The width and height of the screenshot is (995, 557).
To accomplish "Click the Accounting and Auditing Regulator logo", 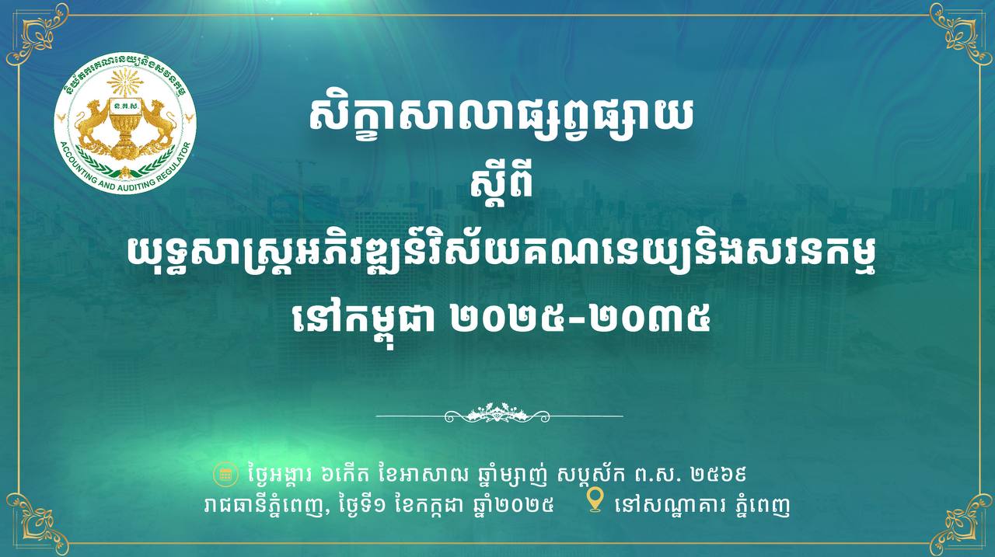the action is (x=125, y=125).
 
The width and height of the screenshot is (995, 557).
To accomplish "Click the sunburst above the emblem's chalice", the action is (x=125, y=82).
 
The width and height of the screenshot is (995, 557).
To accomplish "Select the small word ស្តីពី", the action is (x=501, y=186).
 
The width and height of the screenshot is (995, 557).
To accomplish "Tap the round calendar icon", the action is (x=223, y=474).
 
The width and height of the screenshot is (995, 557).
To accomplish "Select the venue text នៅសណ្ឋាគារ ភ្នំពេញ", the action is (x=702, y=505).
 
